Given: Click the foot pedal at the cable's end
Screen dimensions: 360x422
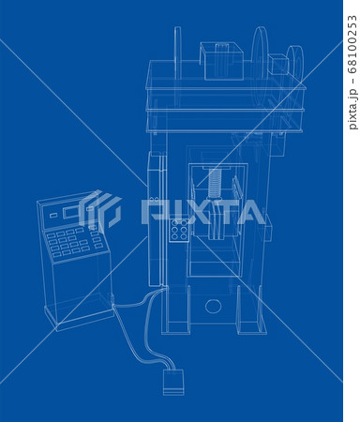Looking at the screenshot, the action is coord(171,382).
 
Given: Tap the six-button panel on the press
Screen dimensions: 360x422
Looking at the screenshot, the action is coord(179,231).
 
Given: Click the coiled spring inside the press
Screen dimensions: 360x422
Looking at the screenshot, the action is coord(217,181).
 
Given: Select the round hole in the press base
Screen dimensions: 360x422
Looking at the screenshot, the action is coord(213,305).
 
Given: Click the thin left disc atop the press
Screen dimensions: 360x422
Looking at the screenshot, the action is coord(176,55).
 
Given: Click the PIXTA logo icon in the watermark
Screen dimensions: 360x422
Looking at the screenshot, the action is coord(101,211).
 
